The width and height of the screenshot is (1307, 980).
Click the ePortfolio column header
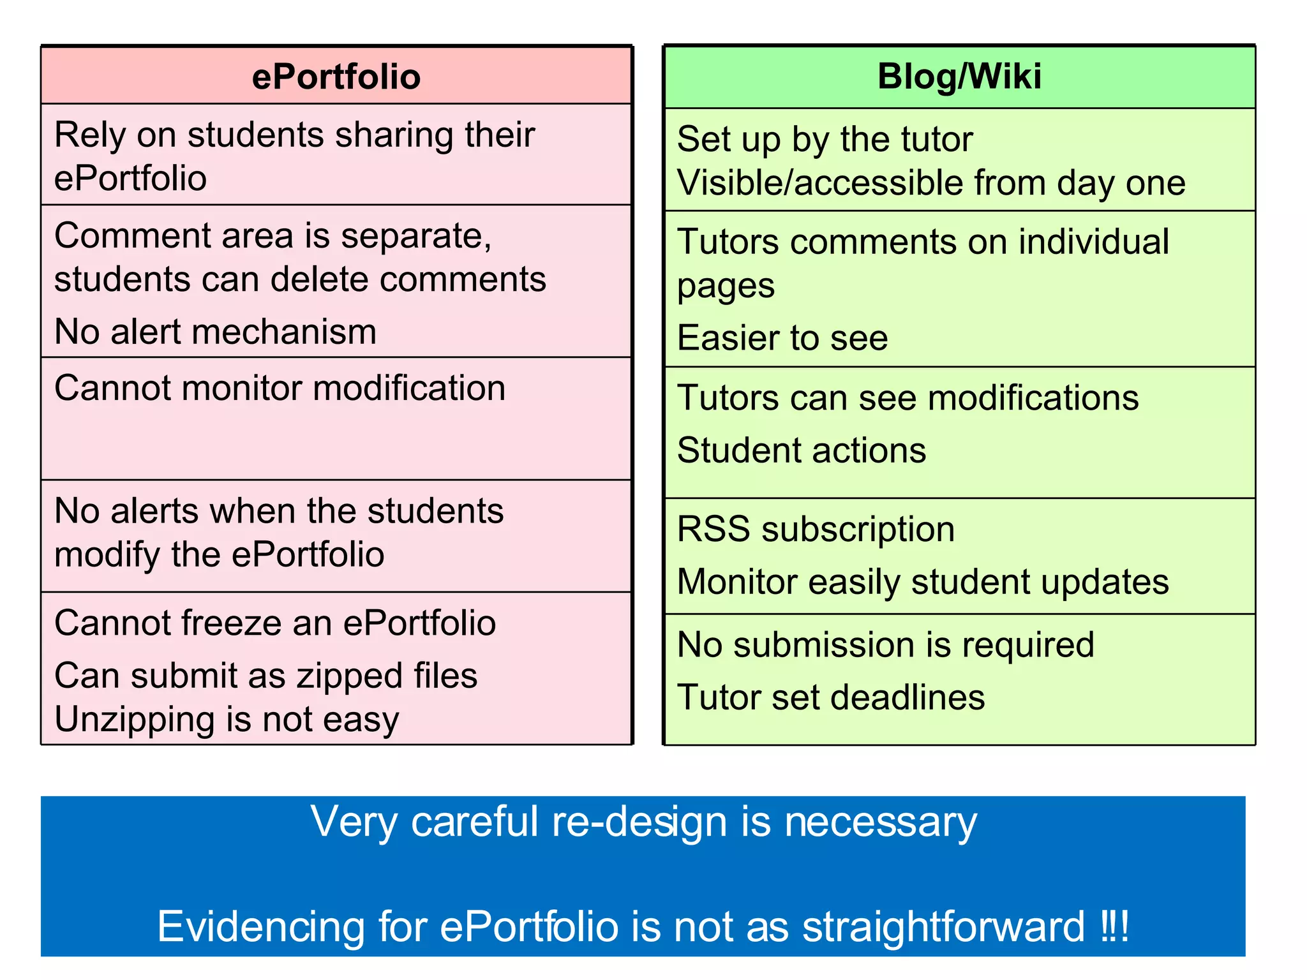click(336, 77)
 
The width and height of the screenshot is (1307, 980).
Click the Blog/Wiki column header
click(959, 77)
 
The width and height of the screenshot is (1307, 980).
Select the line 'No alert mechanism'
click(216, 332)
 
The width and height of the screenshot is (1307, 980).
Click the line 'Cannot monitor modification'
click(280, 388)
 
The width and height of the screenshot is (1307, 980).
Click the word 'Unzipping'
click(135, 720)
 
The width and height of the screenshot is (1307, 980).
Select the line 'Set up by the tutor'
click(825, 139)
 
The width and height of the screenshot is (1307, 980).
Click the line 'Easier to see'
click(782, 338)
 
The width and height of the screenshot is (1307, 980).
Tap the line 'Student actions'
click(802, 450)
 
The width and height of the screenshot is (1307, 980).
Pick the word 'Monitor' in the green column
click(736, 582)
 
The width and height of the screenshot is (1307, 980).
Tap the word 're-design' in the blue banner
click(639, 822)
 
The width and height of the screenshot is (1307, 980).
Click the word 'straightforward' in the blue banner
click(943, 926)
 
